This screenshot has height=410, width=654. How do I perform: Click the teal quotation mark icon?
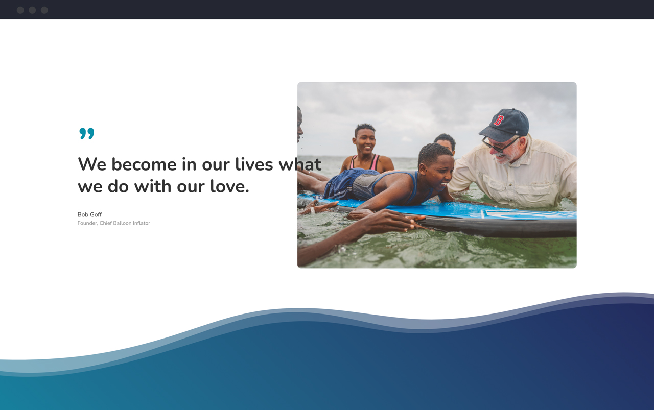coord(87,134)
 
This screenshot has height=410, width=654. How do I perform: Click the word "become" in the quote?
coord(144,164)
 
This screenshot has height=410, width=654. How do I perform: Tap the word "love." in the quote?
coord(230,186)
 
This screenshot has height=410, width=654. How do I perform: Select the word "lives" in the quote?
coord(254,164)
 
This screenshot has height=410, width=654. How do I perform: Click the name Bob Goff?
coord(89,215)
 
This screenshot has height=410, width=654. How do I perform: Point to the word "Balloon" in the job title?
coord(122,223)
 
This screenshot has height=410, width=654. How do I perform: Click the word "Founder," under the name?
coord(87,223)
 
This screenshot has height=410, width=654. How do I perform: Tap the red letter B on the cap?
coord(499,120)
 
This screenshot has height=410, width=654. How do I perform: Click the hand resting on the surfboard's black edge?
coord(393,222)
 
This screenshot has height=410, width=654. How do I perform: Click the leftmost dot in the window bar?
coord(20,10)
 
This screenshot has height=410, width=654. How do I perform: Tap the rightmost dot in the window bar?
coord(44,10)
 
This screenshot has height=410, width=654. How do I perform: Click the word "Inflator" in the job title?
coord(142,223)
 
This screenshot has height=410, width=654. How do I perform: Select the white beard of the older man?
coord(509,155)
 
